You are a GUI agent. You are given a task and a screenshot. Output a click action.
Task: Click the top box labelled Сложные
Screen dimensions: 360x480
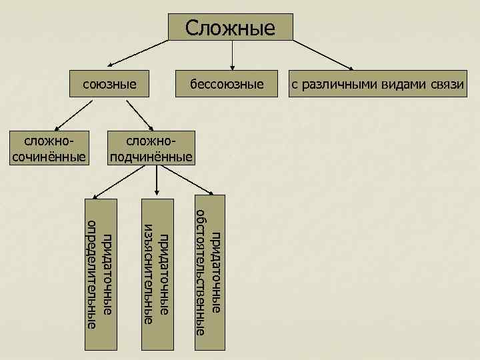(x=230, y=28)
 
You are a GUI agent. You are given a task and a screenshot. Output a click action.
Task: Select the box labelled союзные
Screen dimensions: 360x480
(x=109, y=84)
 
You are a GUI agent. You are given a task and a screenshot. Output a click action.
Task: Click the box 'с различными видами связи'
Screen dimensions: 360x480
(x=377, y=84)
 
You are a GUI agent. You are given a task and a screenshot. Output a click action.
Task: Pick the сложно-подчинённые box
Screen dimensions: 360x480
(x=153, y=149)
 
